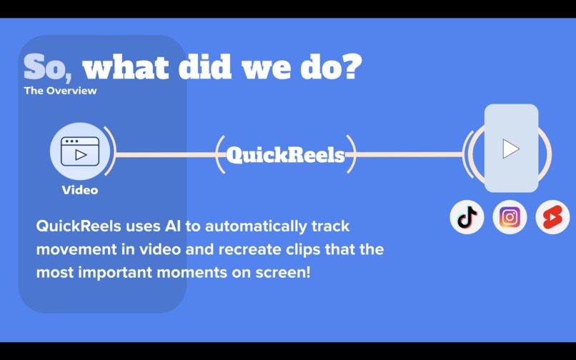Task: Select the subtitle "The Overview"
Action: [60, 91]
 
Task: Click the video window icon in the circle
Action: [80, 151]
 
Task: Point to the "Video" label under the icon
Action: [80, 190]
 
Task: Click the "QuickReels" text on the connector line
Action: [285, 155]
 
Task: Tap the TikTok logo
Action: [467, 217]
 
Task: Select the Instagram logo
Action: [510, 217]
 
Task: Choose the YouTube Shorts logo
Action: [552, 217]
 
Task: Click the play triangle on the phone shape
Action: [510, 149]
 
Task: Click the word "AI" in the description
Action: [171, 226]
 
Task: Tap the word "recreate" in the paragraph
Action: [229, 249]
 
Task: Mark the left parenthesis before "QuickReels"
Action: [219, 154]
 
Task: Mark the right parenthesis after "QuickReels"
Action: [351, 154]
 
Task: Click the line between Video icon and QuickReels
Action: [164, 154]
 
